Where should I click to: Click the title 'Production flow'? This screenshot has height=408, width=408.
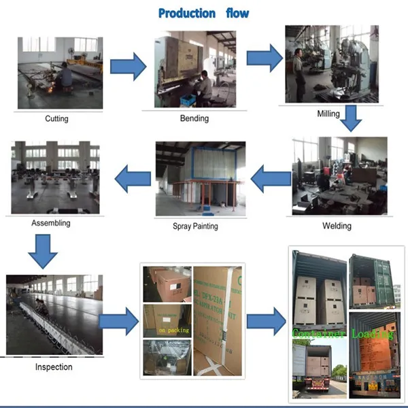point(203,13)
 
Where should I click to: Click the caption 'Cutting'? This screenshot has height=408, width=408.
point(56,119)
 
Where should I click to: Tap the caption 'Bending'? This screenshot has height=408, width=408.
point(194,118)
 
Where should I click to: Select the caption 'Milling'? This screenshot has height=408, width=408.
point(328,114)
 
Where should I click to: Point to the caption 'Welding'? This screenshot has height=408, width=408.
point(337,226)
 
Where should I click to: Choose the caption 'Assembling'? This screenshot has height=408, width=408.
point(50,222)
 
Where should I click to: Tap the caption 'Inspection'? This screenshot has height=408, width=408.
point(53,367)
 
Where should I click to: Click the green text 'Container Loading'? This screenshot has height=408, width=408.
point(343,333)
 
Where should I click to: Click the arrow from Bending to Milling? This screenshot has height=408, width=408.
point(264,57)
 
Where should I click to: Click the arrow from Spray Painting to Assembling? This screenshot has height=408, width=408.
point(133,180)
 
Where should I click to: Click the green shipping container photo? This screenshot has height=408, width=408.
point(371,279)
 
